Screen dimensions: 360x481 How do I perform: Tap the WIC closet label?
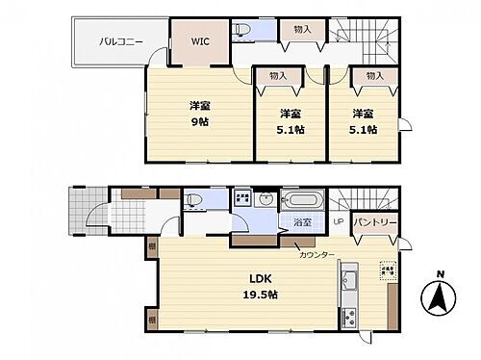pyautogui.click(x=199, y=41)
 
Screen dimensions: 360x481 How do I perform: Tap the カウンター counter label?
pyautogui.click(x=317, y=254)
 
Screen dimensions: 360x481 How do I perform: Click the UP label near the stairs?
pyautogui.click(x=338, y=222)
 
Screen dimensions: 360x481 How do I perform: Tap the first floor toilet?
pyautogui.click(x=193, y=200)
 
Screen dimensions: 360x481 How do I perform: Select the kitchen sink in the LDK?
pyautogui.click(x=350, y=283)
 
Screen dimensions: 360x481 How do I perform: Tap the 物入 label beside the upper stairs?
pyautogui.click(x=302, y=30)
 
